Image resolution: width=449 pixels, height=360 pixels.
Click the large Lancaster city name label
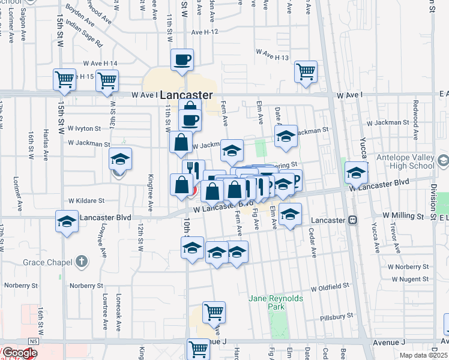pyautogui.click(x=187, y=95)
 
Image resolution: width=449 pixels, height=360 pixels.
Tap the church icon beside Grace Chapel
pyautogui.click(x=82, y=262)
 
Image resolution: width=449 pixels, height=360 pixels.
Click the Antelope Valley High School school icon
pyautogui.click(x=444, y=161)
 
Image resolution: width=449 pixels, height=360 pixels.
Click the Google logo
pyautogui.click(x=19, y=353)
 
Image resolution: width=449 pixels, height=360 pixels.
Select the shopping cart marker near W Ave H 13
pyautogui.click(x=306, y=72)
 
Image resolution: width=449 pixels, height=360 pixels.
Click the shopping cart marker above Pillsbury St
pyautogui.click(x=214, y=311)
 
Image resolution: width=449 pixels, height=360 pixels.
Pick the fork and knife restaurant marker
pyautogui.click(x=193, y=170)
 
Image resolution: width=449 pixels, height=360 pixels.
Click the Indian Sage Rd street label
pyautogui.click(x=85, y=36)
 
